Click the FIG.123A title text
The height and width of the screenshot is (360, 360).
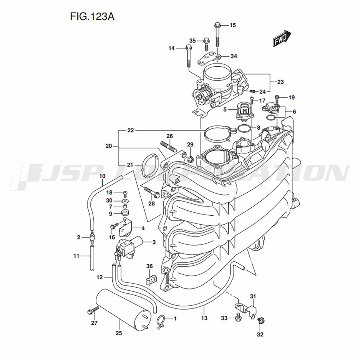pos(91,17)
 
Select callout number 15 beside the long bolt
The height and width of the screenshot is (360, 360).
pos(233,25)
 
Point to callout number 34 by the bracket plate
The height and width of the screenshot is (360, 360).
pos(234,57)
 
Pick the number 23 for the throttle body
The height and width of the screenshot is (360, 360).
pos(280,82)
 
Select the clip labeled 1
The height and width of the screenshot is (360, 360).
pos(161,320)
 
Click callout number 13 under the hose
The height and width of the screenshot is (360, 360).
pos(204,318)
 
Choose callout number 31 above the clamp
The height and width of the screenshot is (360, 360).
pos(253,296)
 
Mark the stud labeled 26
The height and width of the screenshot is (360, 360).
pos(167,147)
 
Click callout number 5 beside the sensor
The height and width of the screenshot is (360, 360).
pos(225,109)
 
